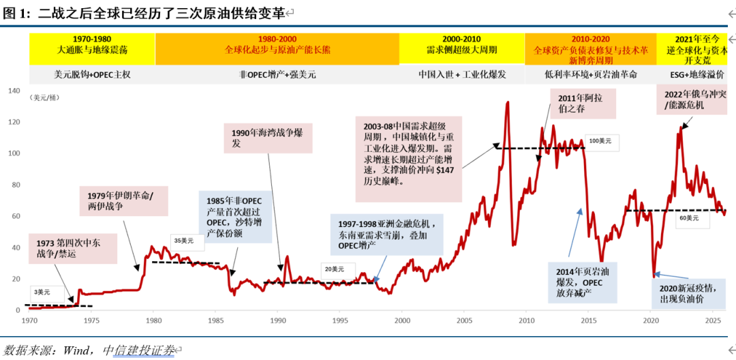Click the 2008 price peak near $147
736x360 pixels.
tap(508, 103)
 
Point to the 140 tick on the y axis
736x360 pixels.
tap(13, 91)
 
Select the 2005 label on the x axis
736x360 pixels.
tap(464, 320)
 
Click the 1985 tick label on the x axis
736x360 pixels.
tap(215, 320)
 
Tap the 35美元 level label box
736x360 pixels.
tap(183, 240)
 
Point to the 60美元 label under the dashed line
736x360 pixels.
tap(688, 218)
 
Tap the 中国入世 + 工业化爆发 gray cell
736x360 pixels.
tap(461, 74)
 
